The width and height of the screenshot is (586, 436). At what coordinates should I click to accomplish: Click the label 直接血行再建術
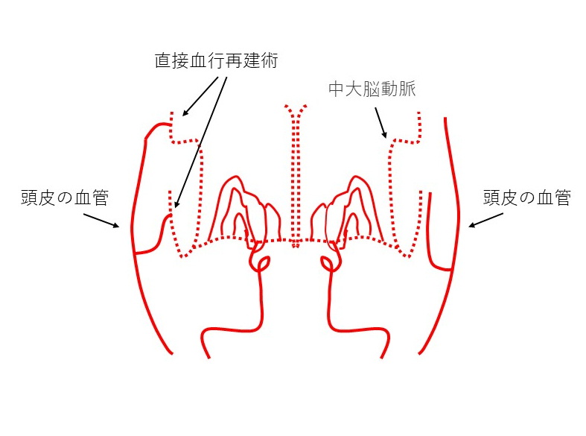tap(217, 61)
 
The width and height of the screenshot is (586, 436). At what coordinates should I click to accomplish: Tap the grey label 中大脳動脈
tap(372, 89)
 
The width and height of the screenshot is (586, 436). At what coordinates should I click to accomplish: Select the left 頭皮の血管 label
tap(65, 198)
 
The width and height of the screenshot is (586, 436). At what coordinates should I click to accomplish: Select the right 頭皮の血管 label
tap(527, 198)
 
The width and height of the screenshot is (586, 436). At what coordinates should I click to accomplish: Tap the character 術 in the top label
tap(270, 61)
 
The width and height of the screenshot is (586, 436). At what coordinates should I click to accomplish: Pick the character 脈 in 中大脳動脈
tap(407, 89)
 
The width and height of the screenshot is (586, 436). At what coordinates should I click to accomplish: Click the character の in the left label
tap(65, 198)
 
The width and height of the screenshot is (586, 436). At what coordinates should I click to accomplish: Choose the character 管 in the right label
tap(562, 198)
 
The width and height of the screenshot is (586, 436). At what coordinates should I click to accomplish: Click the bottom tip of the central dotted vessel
tap(296, 247)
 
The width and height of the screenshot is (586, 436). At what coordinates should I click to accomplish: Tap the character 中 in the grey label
tap(337, 89)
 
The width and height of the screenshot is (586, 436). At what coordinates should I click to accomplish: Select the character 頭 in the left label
tap(30, 198)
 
